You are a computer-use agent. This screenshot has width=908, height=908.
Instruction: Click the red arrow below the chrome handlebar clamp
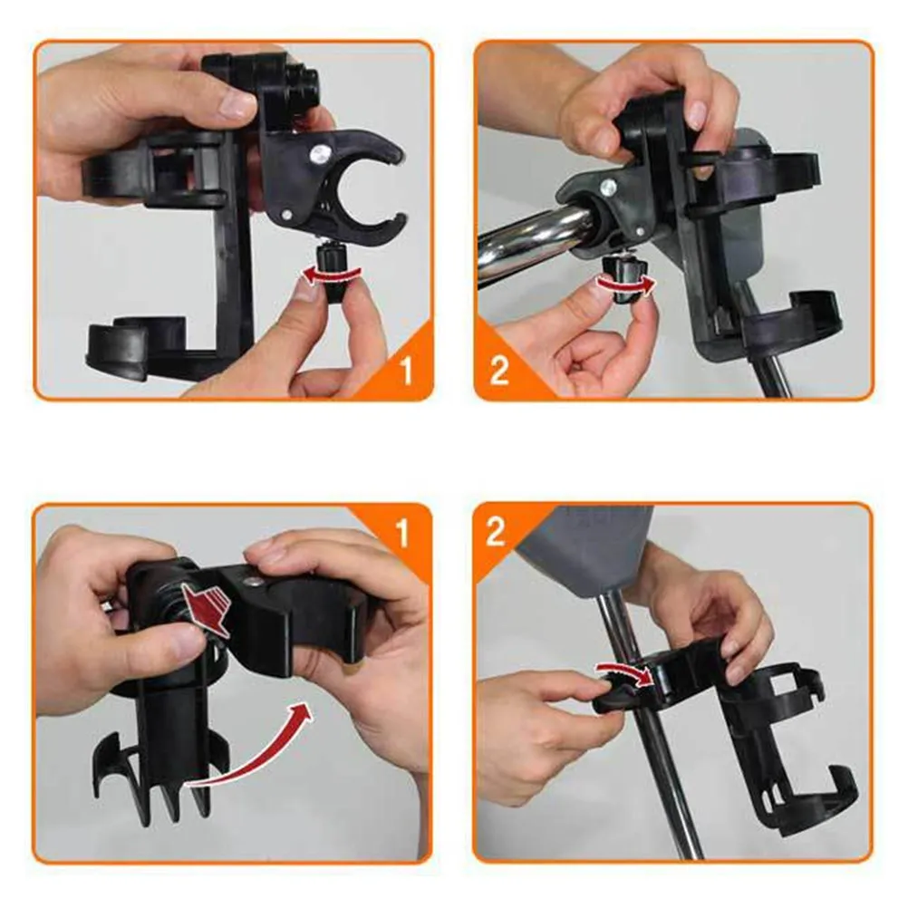[624, 286]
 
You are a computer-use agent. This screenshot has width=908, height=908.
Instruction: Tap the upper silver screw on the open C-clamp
[320, 155]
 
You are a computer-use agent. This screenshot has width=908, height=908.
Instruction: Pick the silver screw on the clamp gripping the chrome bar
[609, 188]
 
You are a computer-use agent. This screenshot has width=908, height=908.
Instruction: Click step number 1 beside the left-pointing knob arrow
[405, 370]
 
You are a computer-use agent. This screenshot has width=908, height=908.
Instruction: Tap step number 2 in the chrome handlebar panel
[499, 371]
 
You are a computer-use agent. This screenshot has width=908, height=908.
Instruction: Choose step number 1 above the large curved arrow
[403, 534]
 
